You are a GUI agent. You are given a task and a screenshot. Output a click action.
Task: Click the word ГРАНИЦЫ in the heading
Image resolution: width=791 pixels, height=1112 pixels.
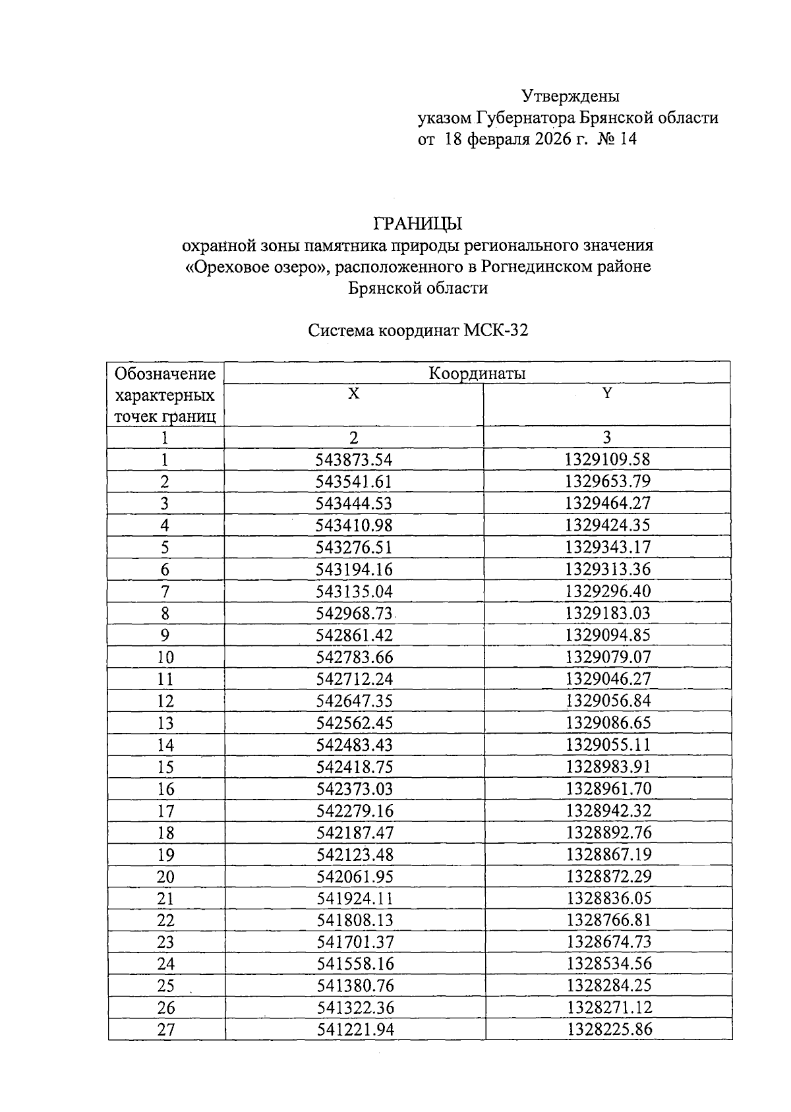click(x=418, y=223)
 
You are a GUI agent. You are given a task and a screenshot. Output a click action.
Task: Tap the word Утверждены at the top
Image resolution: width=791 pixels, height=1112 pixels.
click(x=570, y=96)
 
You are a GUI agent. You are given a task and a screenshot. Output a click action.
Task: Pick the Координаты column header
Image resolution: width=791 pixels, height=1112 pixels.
click(x=477, y=374)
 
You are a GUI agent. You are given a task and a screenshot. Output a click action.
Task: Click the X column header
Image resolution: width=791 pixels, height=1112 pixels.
click(x=354, y=394)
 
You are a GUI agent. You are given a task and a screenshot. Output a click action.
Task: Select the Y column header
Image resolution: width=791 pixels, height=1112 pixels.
click(x=607, y=394)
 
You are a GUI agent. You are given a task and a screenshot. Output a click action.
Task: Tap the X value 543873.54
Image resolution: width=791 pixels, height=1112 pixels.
click(x=354, y=459)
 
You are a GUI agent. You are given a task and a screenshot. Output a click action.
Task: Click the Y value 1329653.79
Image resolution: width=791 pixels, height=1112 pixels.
click(x=607, y=481)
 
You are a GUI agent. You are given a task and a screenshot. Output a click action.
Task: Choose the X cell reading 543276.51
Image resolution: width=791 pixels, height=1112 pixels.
click(x=354, y=547)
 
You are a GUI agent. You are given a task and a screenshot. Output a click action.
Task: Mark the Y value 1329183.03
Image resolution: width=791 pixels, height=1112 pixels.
click(x=607, y=613)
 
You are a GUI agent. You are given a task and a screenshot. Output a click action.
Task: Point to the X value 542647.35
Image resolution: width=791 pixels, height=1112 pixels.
click(x=354, y=701)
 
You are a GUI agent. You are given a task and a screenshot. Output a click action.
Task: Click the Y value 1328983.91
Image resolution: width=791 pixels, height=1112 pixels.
click(x=607, y=767)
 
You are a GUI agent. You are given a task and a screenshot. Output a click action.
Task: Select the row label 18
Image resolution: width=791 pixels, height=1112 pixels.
click(x=165, y=833)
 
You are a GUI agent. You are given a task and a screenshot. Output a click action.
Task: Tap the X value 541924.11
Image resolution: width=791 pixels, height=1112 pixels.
click(x=355, y=898)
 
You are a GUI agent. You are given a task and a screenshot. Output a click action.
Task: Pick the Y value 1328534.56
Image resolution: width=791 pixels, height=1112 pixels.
click(x=608, y=964)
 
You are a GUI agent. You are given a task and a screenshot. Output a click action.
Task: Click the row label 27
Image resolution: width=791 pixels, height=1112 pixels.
click(x=165, y=1030)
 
